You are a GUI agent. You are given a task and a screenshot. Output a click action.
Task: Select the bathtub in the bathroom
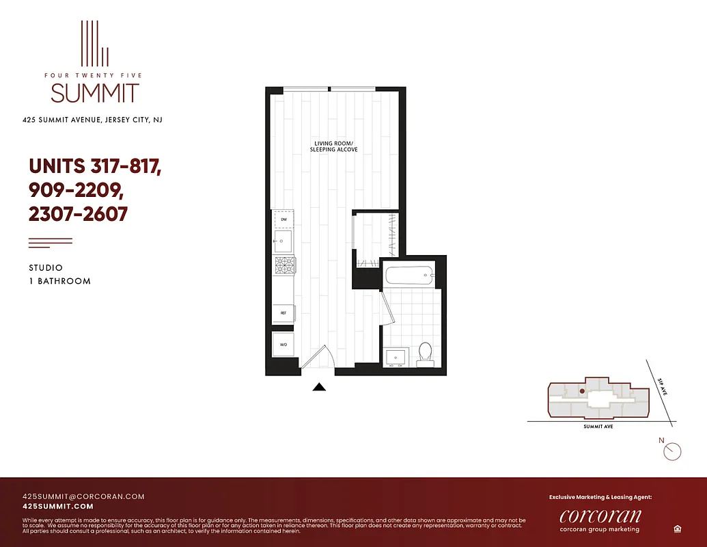409,276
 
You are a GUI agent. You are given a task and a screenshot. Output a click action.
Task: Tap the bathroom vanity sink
396,357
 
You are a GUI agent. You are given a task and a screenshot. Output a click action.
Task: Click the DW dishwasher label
283,219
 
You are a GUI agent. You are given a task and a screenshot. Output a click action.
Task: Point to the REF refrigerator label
283,313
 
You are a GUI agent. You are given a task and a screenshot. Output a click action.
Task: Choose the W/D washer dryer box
283,345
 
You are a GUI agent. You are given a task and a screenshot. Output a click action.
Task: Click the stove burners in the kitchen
283,264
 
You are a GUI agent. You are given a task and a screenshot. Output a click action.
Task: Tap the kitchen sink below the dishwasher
283,241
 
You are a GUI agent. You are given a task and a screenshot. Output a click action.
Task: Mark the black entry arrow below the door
319,387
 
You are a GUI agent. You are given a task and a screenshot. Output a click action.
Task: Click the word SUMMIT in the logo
95,93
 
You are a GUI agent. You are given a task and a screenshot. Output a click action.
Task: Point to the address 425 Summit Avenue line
92,120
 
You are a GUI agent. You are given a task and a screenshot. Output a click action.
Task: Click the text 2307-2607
78,214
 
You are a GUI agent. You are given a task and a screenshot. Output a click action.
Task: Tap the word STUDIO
46,268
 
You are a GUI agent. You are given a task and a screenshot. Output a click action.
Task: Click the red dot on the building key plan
581,392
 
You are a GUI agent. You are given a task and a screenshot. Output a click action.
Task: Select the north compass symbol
673,451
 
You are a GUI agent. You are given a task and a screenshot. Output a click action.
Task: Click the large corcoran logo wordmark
600,515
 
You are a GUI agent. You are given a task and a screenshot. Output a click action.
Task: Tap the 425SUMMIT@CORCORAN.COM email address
83,496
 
